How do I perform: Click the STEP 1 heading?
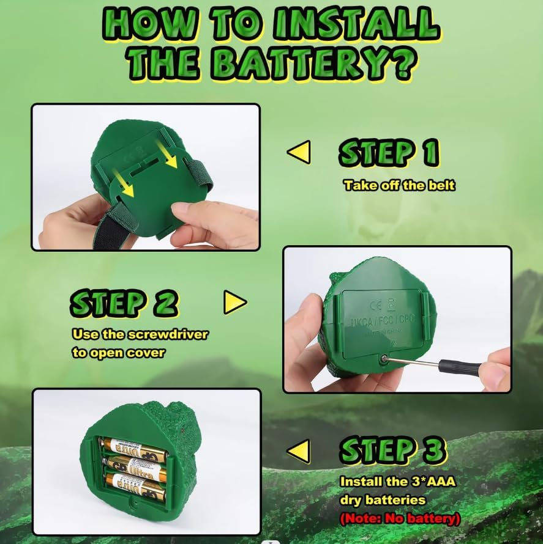(x=389, y=153)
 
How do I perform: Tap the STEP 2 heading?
(x=124, y=303)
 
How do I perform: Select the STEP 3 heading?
(x=392, y=451)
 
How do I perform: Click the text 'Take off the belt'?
(x=399, y=185)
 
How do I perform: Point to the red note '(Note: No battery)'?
(x=400, y=519)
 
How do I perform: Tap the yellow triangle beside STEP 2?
(x=234, y=302)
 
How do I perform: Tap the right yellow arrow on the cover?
(x=168, y=154)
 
